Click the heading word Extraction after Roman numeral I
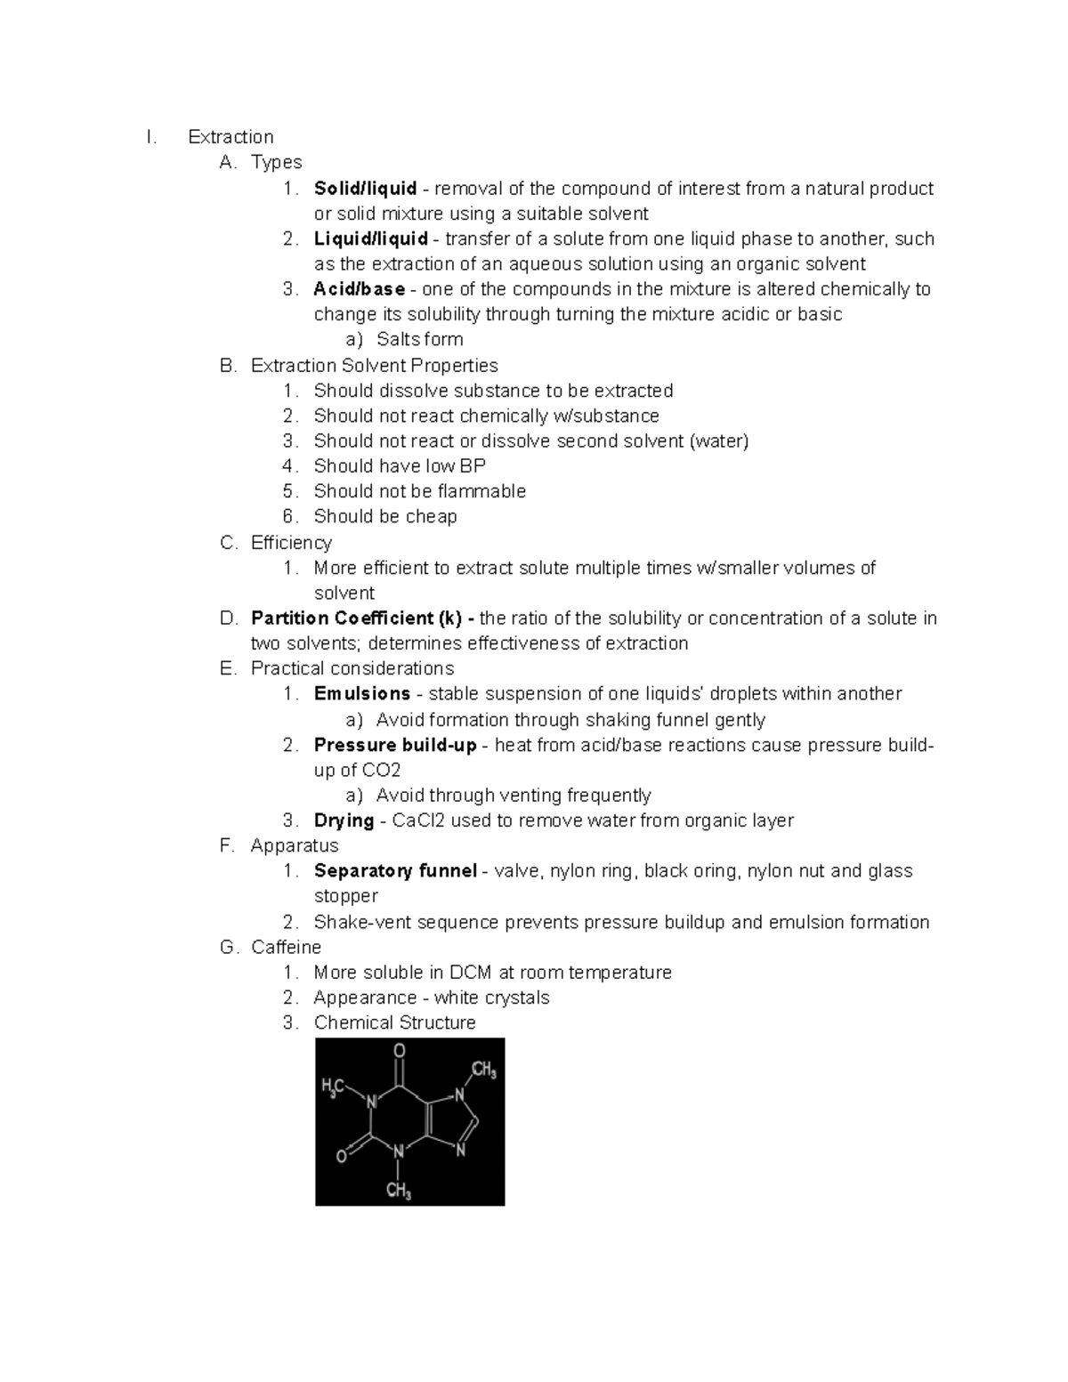tap(231, 137)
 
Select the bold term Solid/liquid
tap(365, 189)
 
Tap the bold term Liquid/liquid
tap(370, 238)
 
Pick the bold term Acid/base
tap(359, 289)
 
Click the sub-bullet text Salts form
tap(419, 339)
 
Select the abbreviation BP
tap(473, 466)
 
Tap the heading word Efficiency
tap(291, 543)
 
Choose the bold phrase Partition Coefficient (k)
tap(363, 618)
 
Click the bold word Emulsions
tap(361, 694)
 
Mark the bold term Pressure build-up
tap(395, 745)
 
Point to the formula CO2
tap(382, 771)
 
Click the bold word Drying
tap(344, 820)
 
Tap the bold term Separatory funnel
tap(395, 871)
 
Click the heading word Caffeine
tap(286, 947)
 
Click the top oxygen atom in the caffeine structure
tap(400, 1051)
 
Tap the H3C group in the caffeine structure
tap(333, 1087)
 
